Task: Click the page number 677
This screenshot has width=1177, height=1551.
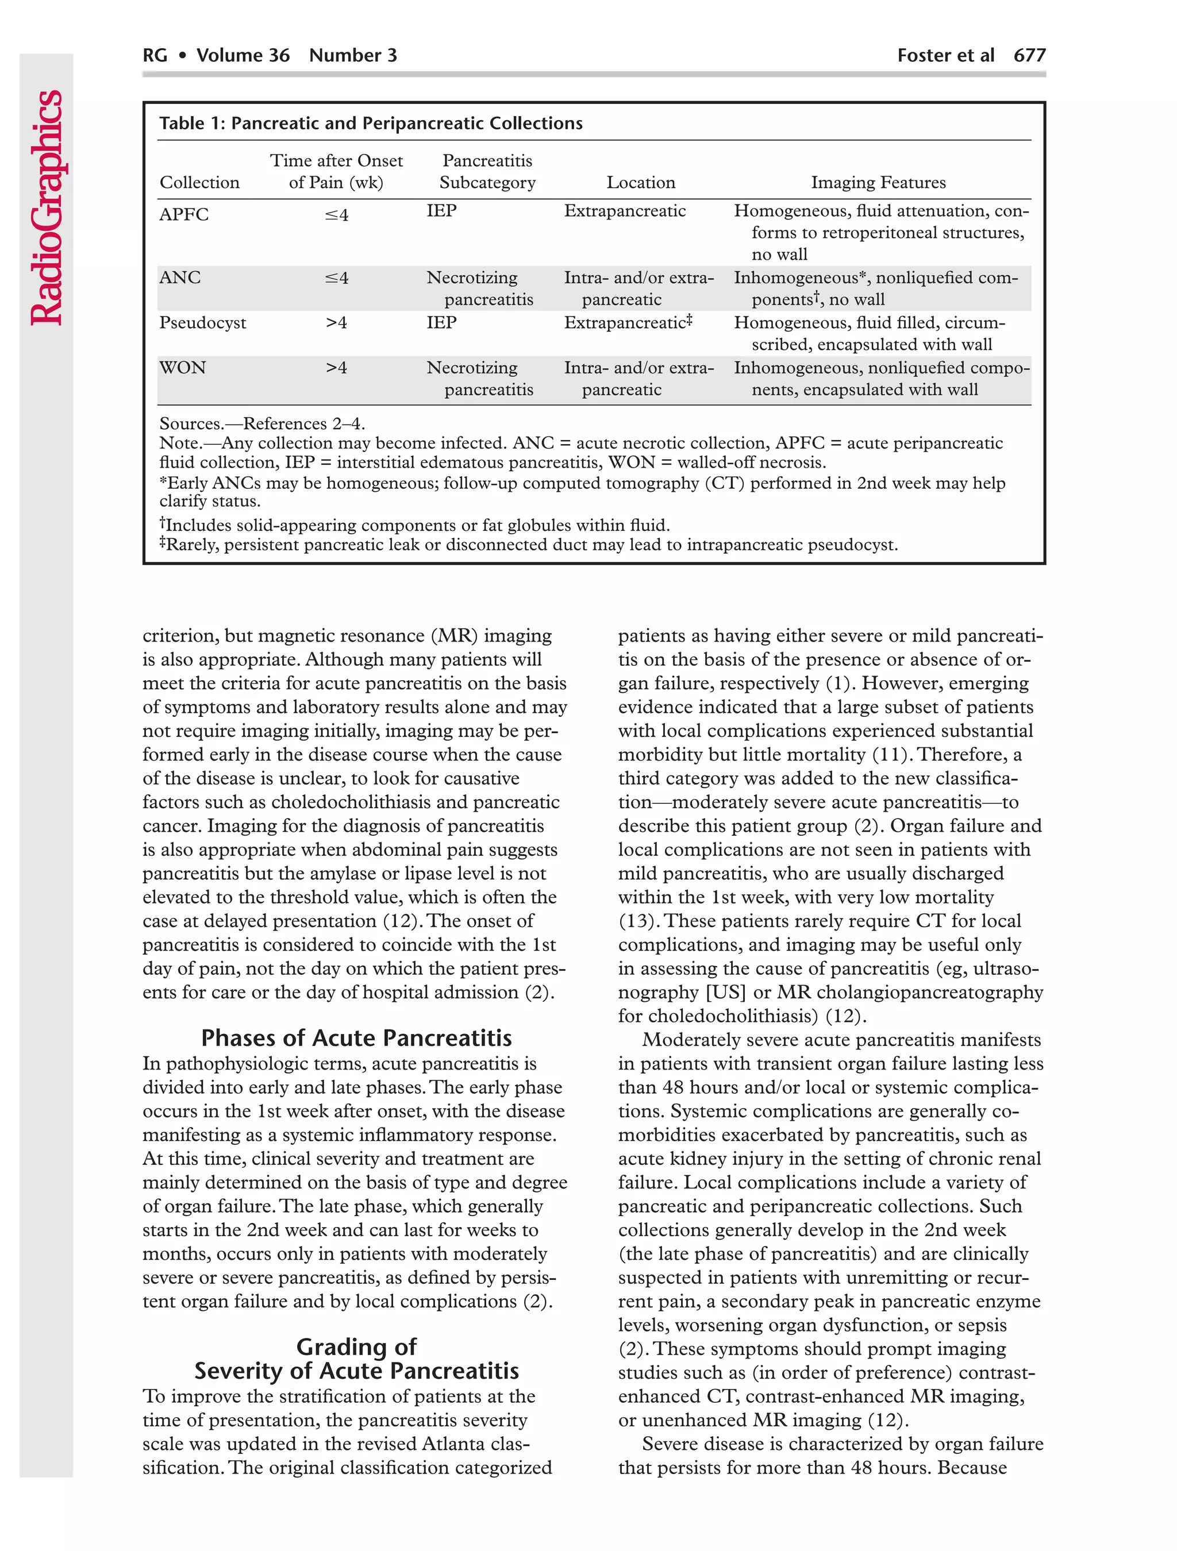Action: click(1029, 55)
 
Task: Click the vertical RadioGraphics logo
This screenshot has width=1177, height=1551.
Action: click(47, 207)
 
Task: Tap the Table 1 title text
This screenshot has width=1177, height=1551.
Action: click(370, 124)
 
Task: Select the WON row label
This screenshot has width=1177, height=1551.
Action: click(182, 368)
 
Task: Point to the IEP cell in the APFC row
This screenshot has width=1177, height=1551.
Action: click(441, 211)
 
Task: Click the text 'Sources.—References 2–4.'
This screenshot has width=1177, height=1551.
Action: click(261, 423)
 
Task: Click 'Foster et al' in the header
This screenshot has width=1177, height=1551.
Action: click(945, 55)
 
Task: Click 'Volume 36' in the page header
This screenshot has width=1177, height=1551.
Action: click(243, 55)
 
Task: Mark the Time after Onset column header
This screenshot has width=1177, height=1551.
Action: click(336, 171)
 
